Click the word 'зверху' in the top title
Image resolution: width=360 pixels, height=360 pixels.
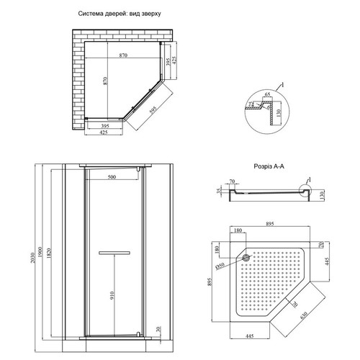(x=151, y=14)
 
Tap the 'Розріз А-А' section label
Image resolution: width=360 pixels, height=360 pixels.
(x=269, y=166)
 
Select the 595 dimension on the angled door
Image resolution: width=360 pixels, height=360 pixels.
(x=153, y=109)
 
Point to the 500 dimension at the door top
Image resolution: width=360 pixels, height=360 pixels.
(x=112, y=177)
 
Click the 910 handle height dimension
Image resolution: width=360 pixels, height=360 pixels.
(x=112, y=296)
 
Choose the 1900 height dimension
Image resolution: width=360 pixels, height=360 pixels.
(x=40, y=252)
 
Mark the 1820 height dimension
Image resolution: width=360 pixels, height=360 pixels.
(x=48, y=253)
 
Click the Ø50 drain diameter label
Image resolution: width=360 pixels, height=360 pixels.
(x=220, y=266)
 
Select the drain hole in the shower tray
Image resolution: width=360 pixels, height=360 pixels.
(x=246, y=258)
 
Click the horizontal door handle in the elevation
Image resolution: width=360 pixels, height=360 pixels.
(x=114, y=253)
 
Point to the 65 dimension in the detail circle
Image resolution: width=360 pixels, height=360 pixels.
(x=267, y=94)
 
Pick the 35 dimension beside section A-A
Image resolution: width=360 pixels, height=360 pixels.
(x=218, y=191)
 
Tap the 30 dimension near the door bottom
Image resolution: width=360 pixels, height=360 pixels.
(x=158, y=329)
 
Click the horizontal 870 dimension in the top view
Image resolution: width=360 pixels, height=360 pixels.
(x=123, y=55)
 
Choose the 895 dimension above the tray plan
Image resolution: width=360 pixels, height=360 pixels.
(x=270, y=224)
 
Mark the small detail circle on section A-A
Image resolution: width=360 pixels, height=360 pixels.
(x=305, y=191)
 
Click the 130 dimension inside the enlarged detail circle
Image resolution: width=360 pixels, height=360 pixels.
(x=279, y=113)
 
